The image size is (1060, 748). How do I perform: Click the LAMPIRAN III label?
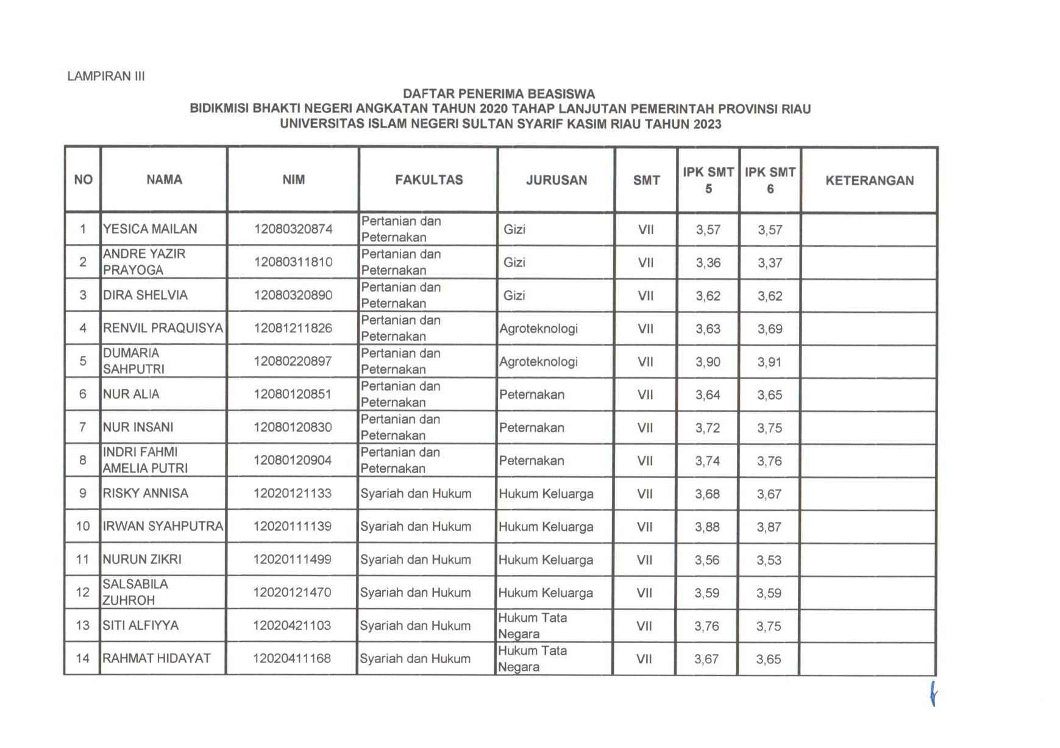click(x=106, y=76)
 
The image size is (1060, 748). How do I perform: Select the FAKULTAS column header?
click(x=429, y=180)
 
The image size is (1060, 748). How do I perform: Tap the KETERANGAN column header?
click(x=869, y=180)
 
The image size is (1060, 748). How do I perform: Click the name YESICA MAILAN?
click(x=150, y=229)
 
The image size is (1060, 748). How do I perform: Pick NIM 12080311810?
click(x=293, y=262)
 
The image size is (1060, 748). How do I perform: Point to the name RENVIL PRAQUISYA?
click(x=163, y=328)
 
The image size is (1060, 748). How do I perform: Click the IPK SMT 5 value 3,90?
click(x=708, y=362)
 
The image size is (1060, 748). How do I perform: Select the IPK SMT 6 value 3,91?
click(x=769, y=362)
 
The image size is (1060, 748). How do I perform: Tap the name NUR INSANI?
click(x=138, y=427)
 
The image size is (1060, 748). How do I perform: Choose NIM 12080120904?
click(x=293, y=460)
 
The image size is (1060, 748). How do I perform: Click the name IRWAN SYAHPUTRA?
click(x=163, y=526)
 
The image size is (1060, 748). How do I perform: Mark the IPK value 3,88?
click(x=707, y=527)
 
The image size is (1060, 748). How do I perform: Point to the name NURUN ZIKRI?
click(x=142, y=559)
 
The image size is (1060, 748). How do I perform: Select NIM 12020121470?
click(x=292, y=592)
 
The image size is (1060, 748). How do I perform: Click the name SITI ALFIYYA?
click(x=140, y=625)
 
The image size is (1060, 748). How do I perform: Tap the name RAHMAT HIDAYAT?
click(x=157, y=658)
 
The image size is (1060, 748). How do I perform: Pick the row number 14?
click(x=82, y=658)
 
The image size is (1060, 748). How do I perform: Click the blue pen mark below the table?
click(x=933, y=693)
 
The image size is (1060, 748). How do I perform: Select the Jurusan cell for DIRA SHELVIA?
click(x=514, y=296)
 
